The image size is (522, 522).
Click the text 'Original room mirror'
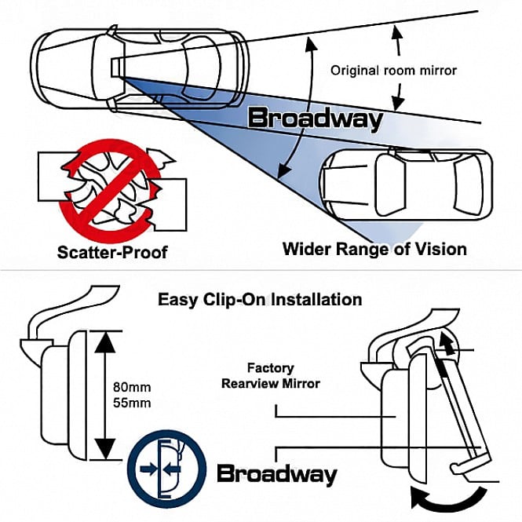[x=393, y=70]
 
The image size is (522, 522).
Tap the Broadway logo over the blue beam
[x=316, y=119]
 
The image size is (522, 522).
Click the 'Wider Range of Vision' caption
[x=374, y=250]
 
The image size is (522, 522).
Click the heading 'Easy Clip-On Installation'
[x=260, y=300]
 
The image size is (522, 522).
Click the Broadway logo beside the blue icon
[x=276, y=474]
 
